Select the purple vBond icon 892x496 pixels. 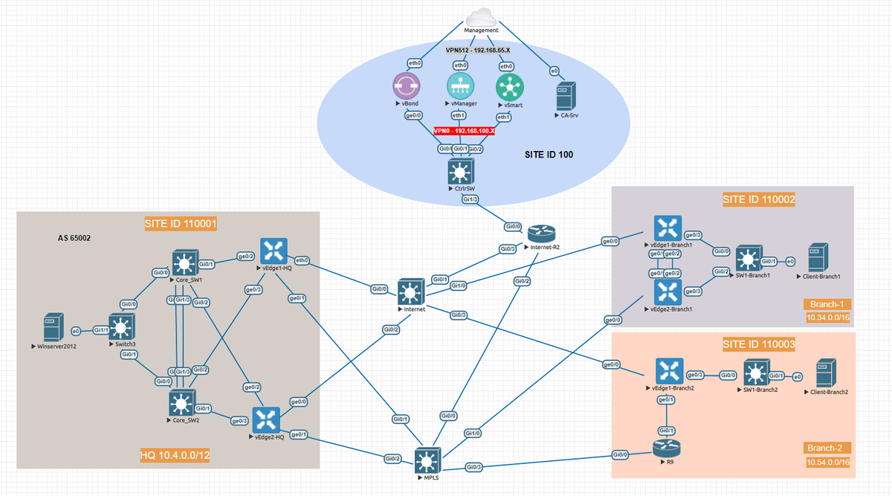tap(407, 86)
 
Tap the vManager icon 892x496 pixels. tap(459, 86)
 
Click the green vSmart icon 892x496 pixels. tap(509, 87)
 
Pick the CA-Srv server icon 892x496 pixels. tap(566, 97)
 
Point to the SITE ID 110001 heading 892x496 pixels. tap(175, 223)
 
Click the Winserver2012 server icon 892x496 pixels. tap(51, 328)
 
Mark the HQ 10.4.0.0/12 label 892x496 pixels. tap(175, 455)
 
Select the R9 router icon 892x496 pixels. tap(665, 448)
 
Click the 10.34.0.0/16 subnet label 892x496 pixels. tap(828, 318)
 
